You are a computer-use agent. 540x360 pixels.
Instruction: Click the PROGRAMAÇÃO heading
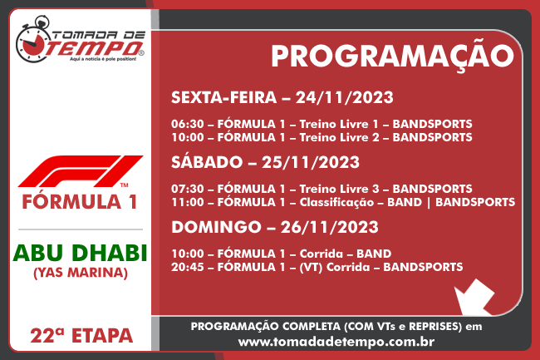(392, 57)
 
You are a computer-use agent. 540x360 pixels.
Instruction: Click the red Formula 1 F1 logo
(81, 171)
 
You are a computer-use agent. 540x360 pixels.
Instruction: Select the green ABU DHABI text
(81, 254)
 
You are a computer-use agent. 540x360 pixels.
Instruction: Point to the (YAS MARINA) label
(81, 273)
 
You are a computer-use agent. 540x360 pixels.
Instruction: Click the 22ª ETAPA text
(81, 336)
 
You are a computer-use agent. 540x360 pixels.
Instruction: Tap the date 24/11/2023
(345, 97)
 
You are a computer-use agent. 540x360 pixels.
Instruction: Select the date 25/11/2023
(311, 162)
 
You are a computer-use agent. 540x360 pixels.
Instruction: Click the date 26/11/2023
(330, 227)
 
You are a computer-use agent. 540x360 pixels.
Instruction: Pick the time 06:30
(188, 124)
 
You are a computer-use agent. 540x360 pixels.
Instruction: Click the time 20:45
(188, 267)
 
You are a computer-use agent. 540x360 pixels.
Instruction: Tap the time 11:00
(188, 202)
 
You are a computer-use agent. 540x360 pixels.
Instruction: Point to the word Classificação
(336, 203)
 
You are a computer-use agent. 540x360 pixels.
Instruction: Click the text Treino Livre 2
(339, 137)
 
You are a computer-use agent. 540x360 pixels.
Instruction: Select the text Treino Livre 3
(339, 189)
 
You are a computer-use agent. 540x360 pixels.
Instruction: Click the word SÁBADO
(207, 161)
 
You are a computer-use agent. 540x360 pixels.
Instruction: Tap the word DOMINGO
(216, 227)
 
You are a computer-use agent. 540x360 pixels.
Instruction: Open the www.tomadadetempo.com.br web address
(336, 342)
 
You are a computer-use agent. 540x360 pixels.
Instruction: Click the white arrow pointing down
(474, 297)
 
